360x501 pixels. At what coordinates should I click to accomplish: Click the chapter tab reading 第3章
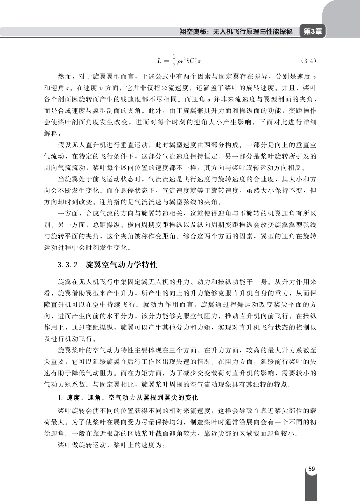[312, 31]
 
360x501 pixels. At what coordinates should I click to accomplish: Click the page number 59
[311, 469]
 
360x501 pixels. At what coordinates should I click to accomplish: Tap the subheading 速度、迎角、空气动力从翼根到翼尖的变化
[132, 398]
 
